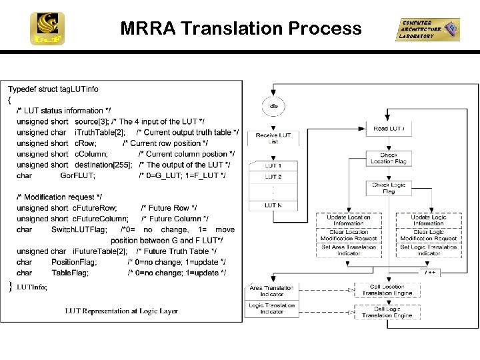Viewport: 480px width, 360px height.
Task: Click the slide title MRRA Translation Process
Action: (241, 29)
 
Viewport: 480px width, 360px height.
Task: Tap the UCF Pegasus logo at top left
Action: (47, 29)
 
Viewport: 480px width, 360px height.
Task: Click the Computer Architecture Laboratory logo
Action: (427, 29)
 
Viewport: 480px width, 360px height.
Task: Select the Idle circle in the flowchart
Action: (273, 107)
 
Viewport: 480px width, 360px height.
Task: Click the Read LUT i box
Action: (389, 129)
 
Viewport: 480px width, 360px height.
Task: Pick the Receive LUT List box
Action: (273, 139)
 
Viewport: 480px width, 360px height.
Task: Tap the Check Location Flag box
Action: (389, 159)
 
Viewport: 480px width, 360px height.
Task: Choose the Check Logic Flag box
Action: (389, 189)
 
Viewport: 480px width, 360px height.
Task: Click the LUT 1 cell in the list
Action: (273, 166)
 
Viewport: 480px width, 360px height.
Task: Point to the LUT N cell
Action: (273, 205)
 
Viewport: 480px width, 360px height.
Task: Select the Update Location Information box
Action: (348, 220)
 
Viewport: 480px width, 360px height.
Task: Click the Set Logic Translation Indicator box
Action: (429, 250)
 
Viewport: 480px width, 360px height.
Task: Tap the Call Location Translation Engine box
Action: (387, 290)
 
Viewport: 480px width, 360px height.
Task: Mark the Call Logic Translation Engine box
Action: (387, 312)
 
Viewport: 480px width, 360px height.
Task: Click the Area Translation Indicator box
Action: (271, 291)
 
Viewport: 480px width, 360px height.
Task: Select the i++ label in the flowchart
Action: (430, 273)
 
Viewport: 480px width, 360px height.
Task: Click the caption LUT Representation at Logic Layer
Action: (121, 311)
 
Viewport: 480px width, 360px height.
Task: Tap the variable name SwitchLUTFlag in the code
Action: (79, 229)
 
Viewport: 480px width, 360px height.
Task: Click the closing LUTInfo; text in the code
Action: (31, 287)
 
